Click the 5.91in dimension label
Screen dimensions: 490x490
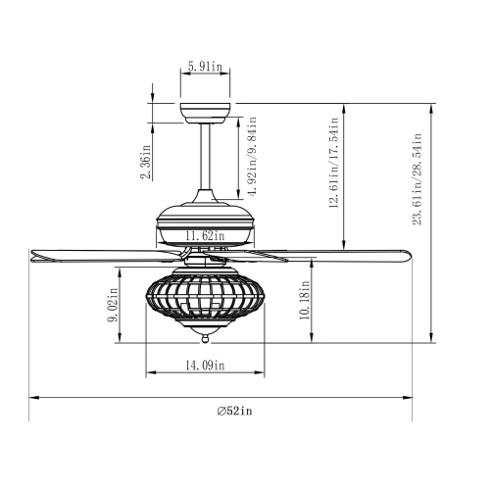204,69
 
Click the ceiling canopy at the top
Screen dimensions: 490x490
205,111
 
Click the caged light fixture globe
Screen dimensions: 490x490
206,299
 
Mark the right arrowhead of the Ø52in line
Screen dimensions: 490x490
405,398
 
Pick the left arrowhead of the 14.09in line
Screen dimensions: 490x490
148,374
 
